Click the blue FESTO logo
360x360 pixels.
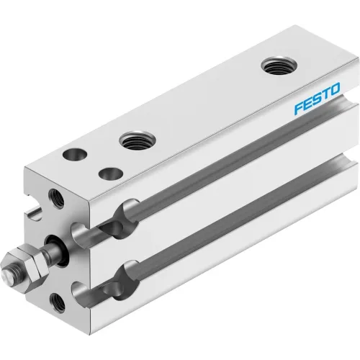coord(317,98)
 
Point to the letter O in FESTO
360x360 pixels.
coord(335,89)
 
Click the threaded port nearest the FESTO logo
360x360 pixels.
coord(279,66)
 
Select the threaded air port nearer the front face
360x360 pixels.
coord(138,140)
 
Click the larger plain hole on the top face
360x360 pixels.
coord(75,154)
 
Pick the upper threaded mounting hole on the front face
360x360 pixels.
coord(56,198)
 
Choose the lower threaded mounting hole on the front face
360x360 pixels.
coord(57,303)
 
